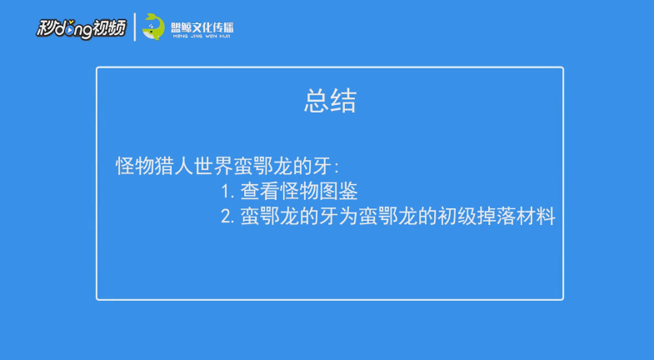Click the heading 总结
pyautogui.click(x=330, y=102)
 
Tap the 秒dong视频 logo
pyautogui.click(x=81, y=27)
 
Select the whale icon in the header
pyautogui.click(x=153, y=27)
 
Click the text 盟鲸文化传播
pyautogui.click(x=202, y=27)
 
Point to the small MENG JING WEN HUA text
pyautogui.click(x=202, y=37)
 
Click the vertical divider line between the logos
pyautogui.click(x=135, y=27)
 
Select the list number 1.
pyautogui.click(x=227, y=192)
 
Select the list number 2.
pyautogui.click(x=227, y=217)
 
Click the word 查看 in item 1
pyautogui.click(x=260, y=191)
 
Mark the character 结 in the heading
pyautogui.click(x=343, y=102)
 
